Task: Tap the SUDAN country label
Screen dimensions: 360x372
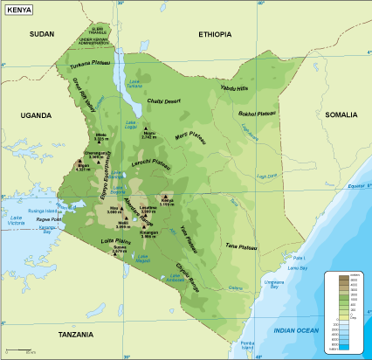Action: coord(41,33)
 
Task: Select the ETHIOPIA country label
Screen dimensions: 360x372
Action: coord(215,34)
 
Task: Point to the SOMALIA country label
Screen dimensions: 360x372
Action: coord(341,114)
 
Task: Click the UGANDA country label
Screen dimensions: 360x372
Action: coord(37,114)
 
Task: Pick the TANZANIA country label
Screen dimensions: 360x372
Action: coord(76,335)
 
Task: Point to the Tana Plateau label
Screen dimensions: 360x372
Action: coord(240,247)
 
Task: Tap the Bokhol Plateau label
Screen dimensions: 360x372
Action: coord(257,114)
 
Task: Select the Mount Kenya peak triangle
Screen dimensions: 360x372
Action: coord(164,196)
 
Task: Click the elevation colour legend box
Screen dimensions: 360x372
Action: coord(344,311)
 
